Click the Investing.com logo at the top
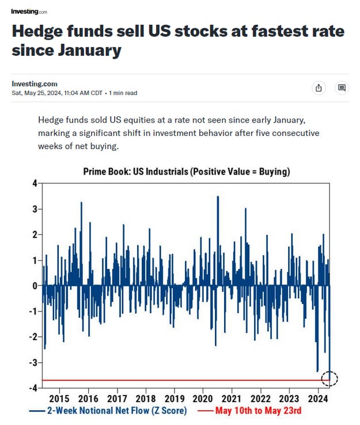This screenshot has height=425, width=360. [29, 11]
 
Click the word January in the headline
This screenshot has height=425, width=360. [88, 51]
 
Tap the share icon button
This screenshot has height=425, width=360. [319, 88]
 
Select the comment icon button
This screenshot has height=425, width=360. [342, 88]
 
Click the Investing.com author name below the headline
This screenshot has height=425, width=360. [35, 84]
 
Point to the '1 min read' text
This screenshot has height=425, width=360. [123, 93]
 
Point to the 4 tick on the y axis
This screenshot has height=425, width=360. [34, 184]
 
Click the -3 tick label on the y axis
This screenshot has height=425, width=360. [33, 363]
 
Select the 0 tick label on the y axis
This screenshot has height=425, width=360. [35, 286]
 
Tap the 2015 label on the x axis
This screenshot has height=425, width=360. [59, 399]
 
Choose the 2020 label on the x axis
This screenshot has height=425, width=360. [203, 399]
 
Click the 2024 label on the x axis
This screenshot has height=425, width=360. [319, 399]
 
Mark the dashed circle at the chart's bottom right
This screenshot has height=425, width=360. [329, 379]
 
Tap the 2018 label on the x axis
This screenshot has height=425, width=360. [145, 399]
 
